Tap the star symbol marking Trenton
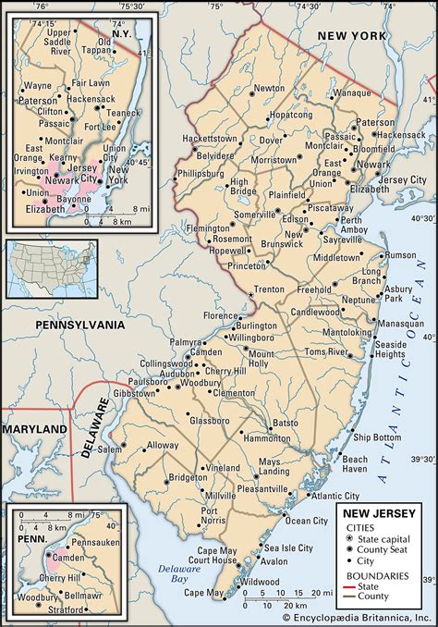250,295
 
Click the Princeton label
245,266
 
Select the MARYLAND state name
34,430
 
